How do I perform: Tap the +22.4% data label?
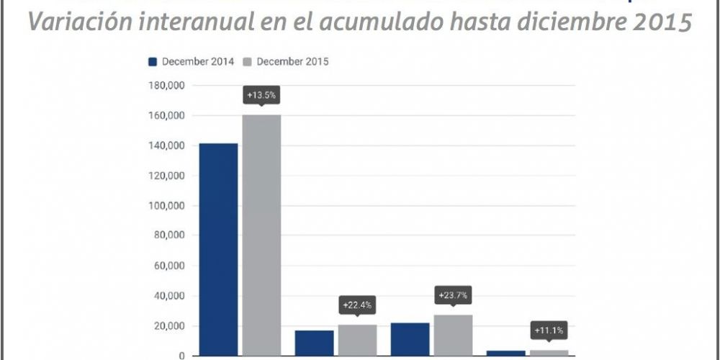[x=357, y=305]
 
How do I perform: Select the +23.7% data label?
[x=453, y=295]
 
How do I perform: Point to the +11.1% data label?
[x=549, y=330]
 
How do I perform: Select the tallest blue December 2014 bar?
[x=218, y=249]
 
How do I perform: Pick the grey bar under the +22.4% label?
[x=357, y=340]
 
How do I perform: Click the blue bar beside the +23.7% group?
[x=410, y=339]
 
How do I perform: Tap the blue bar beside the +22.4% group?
[x=315, y=343]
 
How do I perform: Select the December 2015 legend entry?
[x=286, y=62]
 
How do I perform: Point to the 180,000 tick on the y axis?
[x=166, y=86]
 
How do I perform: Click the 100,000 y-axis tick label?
[x=166, y=206]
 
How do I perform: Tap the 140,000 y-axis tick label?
[x=166, y=146]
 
